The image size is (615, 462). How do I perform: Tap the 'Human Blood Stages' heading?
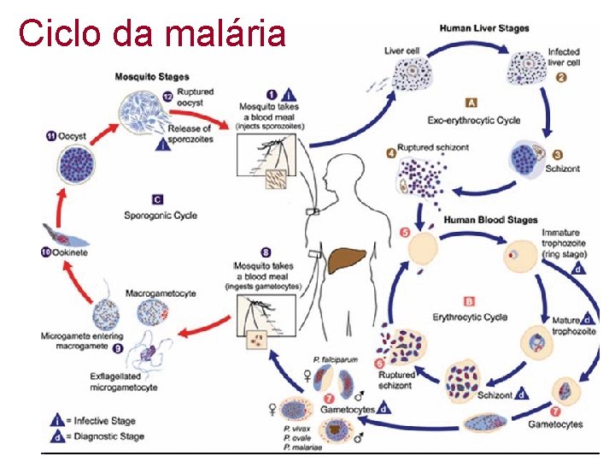pyautogui.click(x=489, y=220)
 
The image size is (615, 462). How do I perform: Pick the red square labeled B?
pyautogui.click(x=469, y=301)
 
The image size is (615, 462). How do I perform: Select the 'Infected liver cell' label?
pyautogui.click(x=564, y=57)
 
